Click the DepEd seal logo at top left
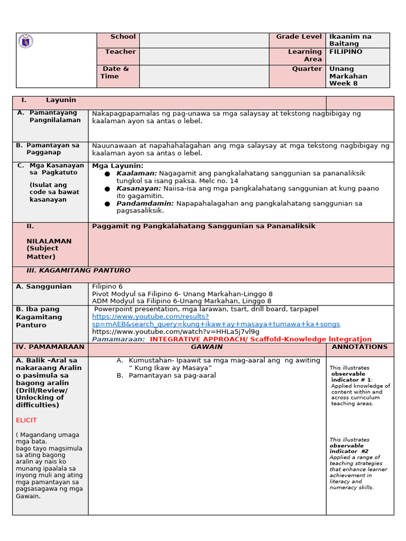[x=25, y=41]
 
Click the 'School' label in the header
[x=123, y=37]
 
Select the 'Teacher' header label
[x=120, y=52]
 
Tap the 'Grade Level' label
[x=299, y=37]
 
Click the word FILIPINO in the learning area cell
[x=346, y=52]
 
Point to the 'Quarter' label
[x=307, y=69]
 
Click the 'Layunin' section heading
[x=61, y=100]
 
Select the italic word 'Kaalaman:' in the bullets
[x=136, y=173]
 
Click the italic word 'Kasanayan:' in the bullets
[x=139, y=189]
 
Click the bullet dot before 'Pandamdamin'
[x=107, y=204]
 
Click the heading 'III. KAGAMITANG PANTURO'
[x=78, y=270]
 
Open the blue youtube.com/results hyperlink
[x=150, y=316]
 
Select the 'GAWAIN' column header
[x=207, y=347]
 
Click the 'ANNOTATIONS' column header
[x=359, y=347]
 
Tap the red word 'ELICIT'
[x=26, y=420]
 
